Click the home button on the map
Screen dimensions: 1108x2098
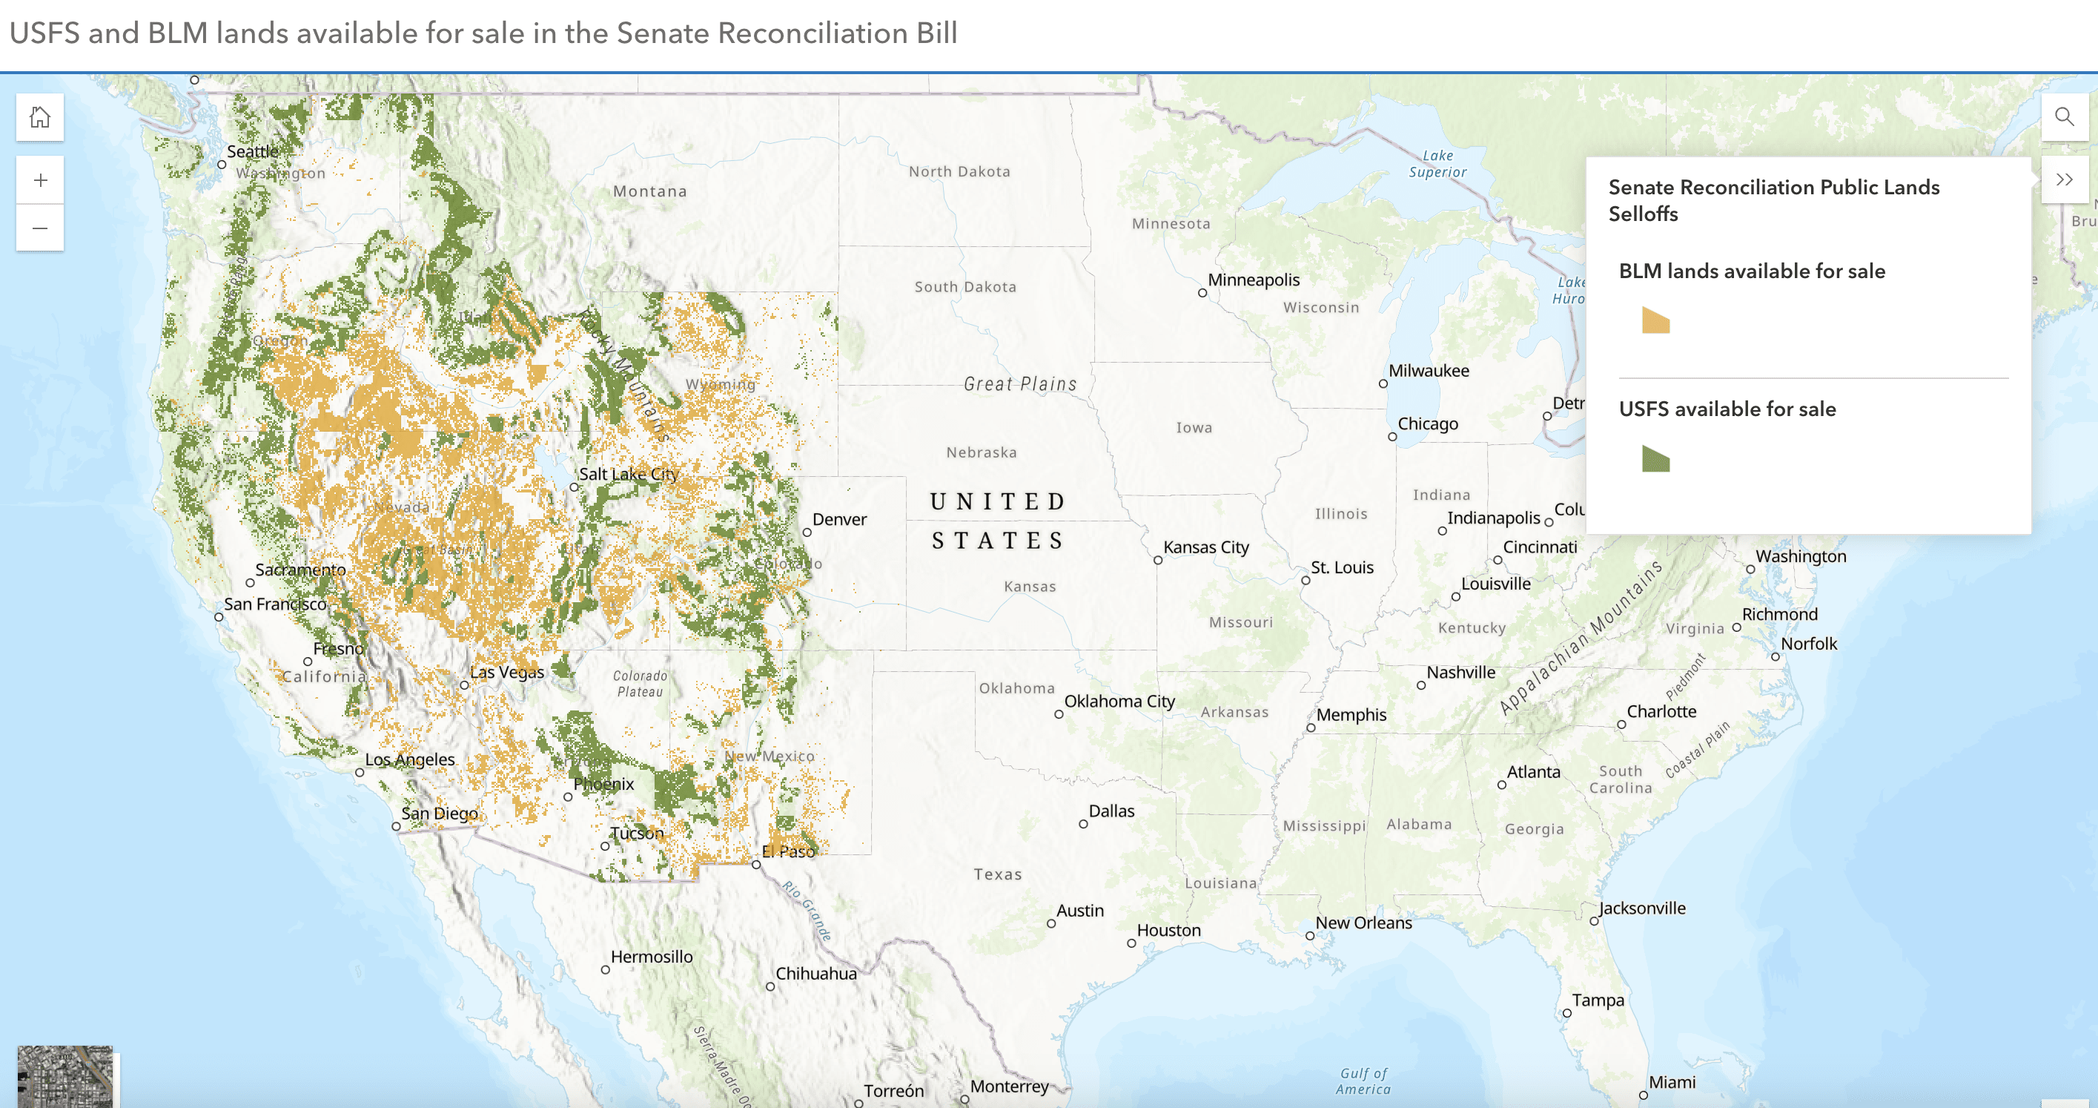[x=40, y=117]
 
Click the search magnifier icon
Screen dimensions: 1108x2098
[x=2064, y=117]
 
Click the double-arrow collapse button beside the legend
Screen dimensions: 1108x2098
[x=2064, y=180]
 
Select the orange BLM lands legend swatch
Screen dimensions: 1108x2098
[x=1655, y=321]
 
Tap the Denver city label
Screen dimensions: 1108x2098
[x=839, y=520]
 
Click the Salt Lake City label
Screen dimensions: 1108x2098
[x=628, y=474]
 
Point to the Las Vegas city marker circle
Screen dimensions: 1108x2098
[x=464, y=685]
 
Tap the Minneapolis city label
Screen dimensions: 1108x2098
[x=1253, y=280]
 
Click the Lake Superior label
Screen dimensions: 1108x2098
[x=1437, y=164]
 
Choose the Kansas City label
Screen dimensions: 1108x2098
[x=1205, y=547]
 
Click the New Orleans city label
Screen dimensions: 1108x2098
[x=1363, y=923]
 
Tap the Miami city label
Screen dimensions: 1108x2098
[x=1671, y=1083]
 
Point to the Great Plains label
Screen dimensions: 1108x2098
[x=1019, y=383]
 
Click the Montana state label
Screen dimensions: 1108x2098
[x=649, y=191]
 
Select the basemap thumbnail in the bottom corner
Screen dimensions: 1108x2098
[x=65, y=1076]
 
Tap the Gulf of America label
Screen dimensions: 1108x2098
[x=1363, y=1081]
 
